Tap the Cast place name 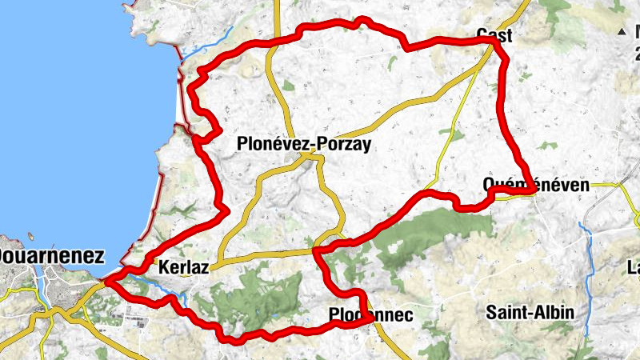pyautogui.click(x=494, y=35)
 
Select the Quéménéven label pyautogui.click(x=536, y=185)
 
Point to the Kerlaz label pyautogui.click(x=183, y=268)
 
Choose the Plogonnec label pyautogui.click(x=370, y=315)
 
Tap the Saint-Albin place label pyautogui.click(x=530, y=312)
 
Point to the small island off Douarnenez pyautogui.click(x=30, y=237)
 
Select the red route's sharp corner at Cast pyautogui.click(x=497, y=41)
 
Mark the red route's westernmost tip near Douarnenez pyautogui.click(x=106, y=280)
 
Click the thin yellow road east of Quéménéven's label pyautogui.click(x=612, y=185)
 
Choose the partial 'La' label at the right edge pyautogui.click(x=633, y=267)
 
